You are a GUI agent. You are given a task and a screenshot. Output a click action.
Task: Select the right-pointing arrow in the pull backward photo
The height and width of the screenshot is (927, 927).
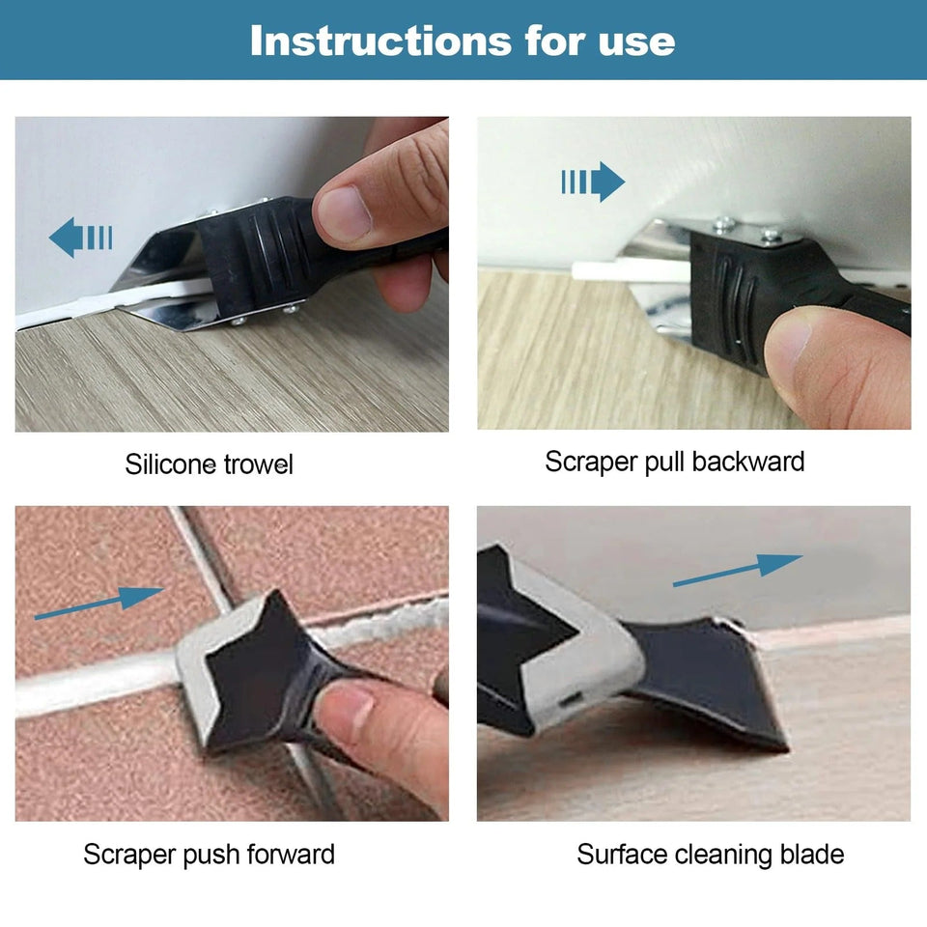(x=593, y=182)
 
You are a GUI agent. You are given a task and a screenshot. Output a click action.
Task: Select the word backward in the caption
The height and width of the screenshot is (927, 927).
(x=748, y=462)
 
